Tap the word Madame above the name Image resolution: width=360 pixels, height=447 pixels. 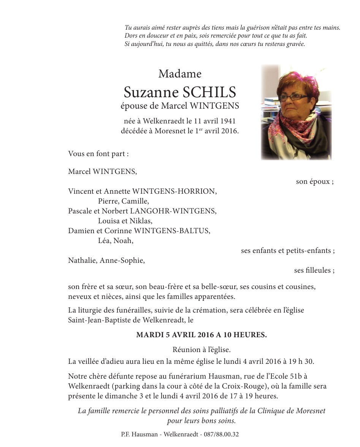click(x=180, y=73)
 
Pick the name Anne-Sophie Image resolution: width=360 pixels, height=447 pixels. click(x=122, y=261)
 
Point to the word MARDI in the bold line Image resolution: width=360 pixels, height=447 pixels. click(x=148, y=335)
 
